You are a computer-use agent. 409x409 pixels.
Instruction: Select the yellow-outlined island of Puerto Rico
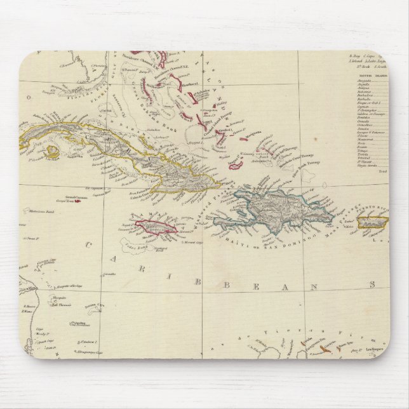point(373,222)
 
